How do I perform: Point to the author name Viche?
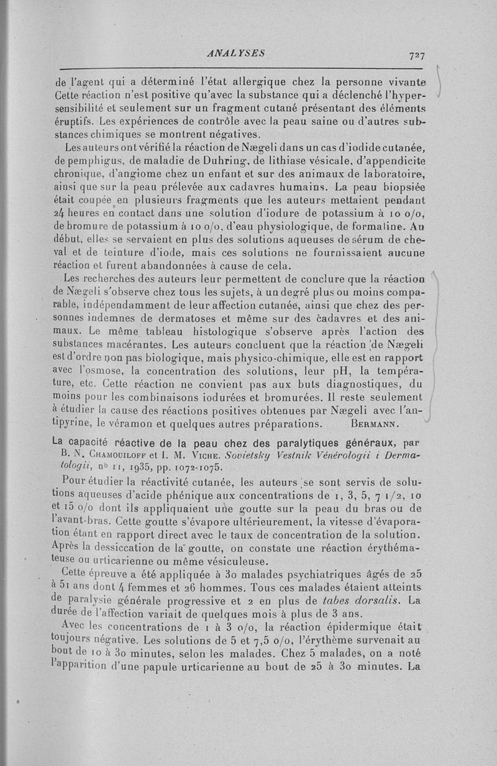tap(209, 456)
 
